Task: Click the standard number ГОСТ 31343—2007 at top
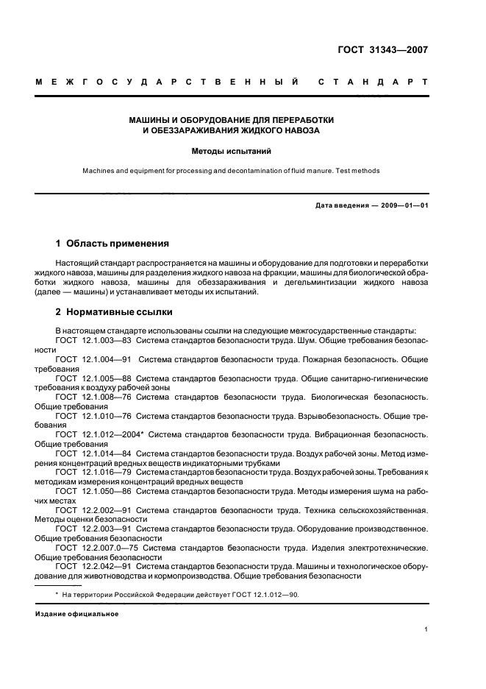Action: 382,50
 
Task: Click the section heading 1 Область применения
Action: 112,243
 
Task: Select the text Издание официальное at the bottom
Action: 76,612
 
